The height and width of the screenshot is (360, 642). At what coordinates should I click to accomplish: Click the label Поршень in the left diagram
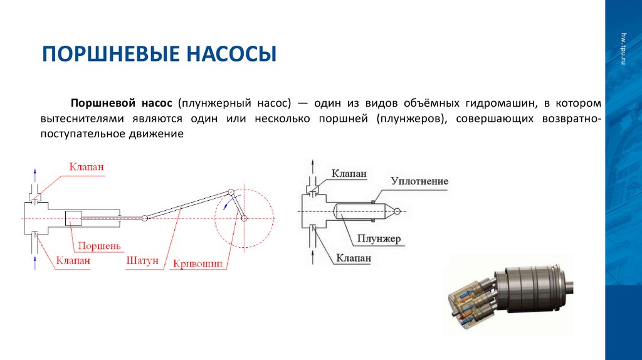pyautogui.click(x=95, y=246)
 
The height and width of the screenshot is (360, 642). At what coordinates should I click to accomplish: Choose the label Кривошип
pyautogui.click(x=198, y=264)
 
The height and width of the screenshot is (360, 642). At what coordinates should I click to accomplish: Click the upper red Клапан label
pyautogui.click(x=87, y=167)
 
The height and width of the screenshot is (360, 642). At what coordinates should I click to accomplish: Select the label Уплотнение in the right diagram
pyautogui.click(x=419, y=181)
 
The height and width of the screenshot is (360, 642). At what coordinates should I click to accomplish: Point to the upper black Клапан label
pyautogui.click(x=349, y=173)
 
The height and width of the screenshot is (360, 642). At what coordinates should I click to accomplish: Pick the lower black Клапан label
pyautogui.click(x=354, y=258)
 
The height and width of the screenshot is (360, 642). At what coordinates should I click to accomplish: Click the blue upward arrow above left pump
pyautogui.click(x=35, y=172)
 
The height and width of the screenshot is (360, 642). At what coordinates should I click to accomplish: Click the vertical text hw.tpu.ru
pyautogui.click(x=623, y=50)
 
